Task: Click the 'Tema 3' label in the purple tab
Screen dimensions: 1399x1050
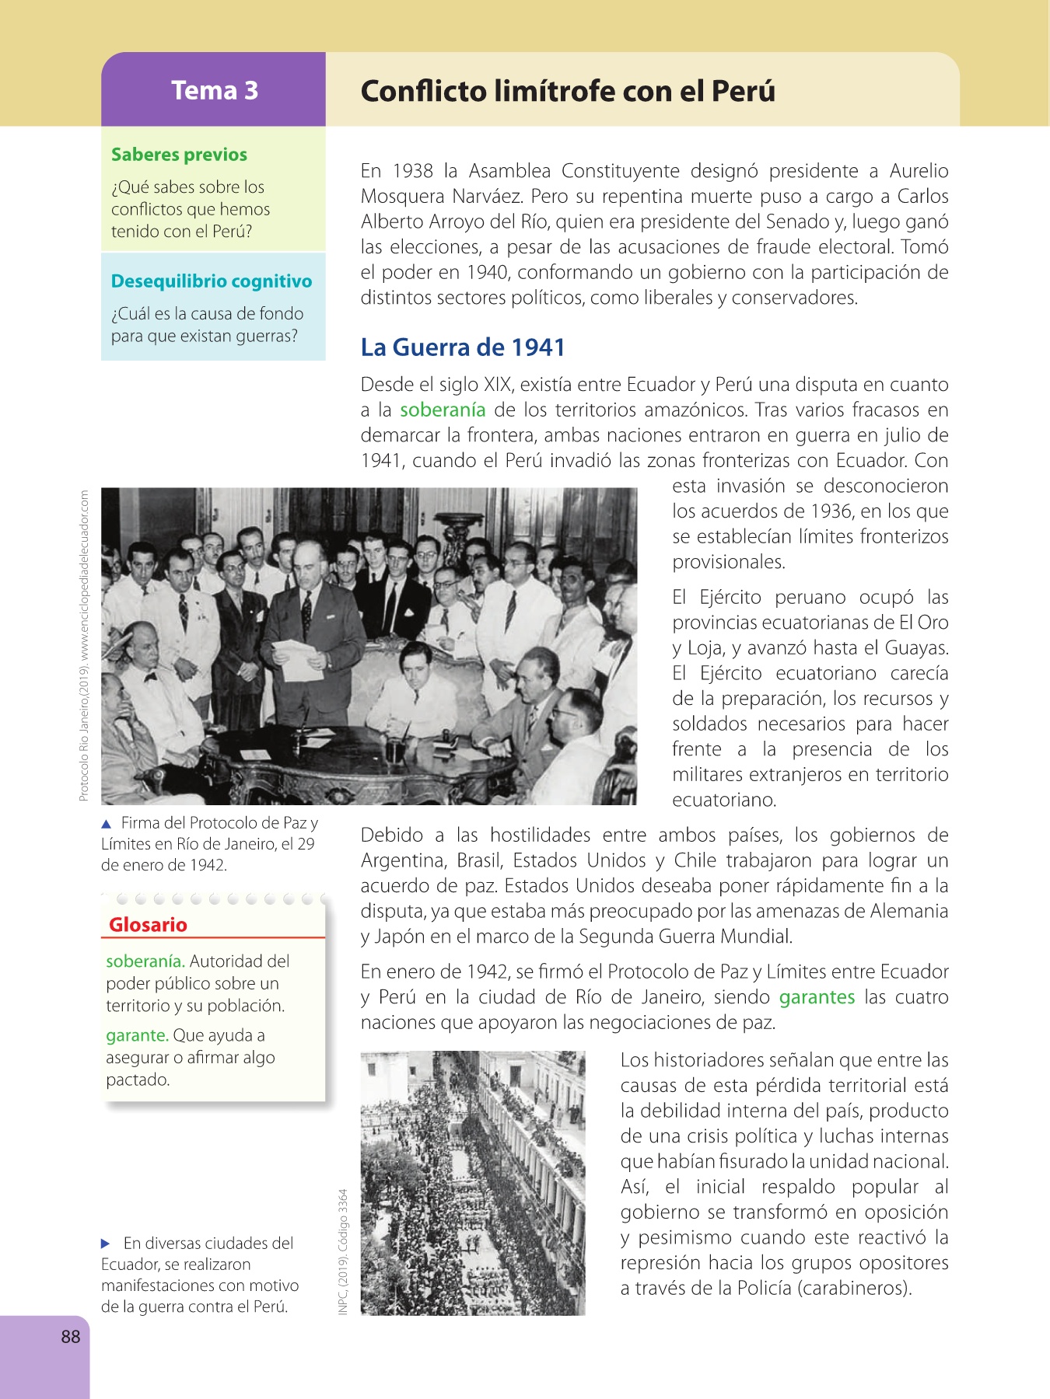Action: click(x=215, y=91)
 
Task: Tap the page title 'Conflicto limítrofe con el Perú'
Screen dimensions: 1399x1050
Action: click(x=568, y=92)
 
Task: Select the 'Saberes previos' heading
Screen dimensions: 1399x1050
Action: click(x=179, y=155)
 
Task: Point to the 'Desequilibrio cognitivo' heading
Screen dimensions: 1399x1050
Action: click(x=212, y=281)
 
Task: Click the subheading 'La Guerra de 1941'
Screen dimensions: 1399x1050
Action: click(x=463, y=347)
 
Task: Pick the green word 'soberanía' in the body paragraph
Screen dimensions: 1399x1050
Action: click(x=443, y=410)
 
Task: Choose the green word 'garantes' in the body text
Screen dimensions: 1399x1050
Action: click(x=817, y=997)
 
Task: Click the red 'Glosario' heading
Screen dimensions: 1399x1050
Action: click(x=148, y=925)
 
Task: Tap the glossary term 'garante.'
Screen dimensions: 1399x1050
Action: click(x=137, y=1035)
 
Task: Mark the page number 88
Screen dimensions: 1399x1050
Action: click(x=71, y=1337)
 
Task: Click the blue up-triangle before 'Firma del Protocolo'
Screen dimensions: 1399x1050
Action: click(x=107, y=824)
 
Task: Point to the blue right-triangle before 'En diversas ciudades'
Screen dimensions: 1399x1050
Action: click(x=107, y=1244)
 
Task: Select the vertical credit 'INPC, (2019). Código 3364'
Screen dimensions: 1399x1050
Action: click(x=343, y=1251)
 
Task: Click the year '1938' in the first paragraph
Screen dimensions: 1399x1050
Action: click(x=412, y=171)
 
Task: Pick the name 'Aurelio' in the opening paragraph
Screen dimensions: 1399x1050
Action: click(x=919, y=171)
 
